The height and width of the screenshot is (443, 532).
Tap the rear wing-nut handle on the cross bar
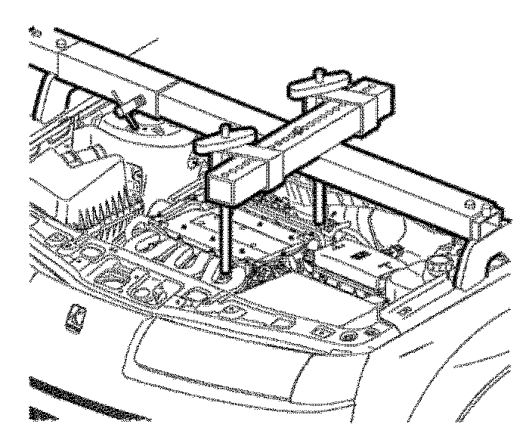(317, 82)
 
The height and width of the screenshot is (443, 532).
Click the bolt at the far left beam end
(35, 32)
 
